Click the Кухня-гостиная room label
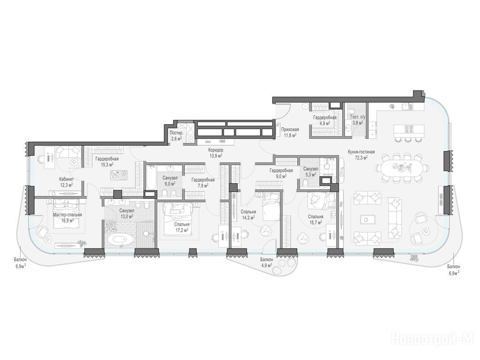pos(361,151)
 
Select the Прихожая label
pos(290,129)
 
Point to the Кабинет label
pos(67,180)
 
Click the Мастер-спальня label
pos(67,215)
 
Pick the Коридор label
pos(216,150)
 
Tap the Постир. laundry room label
pos(177,133)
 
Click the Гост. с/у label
pos(358,117)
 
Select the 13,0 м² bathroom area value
pos(127,217)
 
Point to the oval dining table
pos(402,168)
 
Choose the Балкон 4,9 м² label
pos(267,262)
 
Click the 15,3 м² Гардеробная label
pos(107,162)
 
